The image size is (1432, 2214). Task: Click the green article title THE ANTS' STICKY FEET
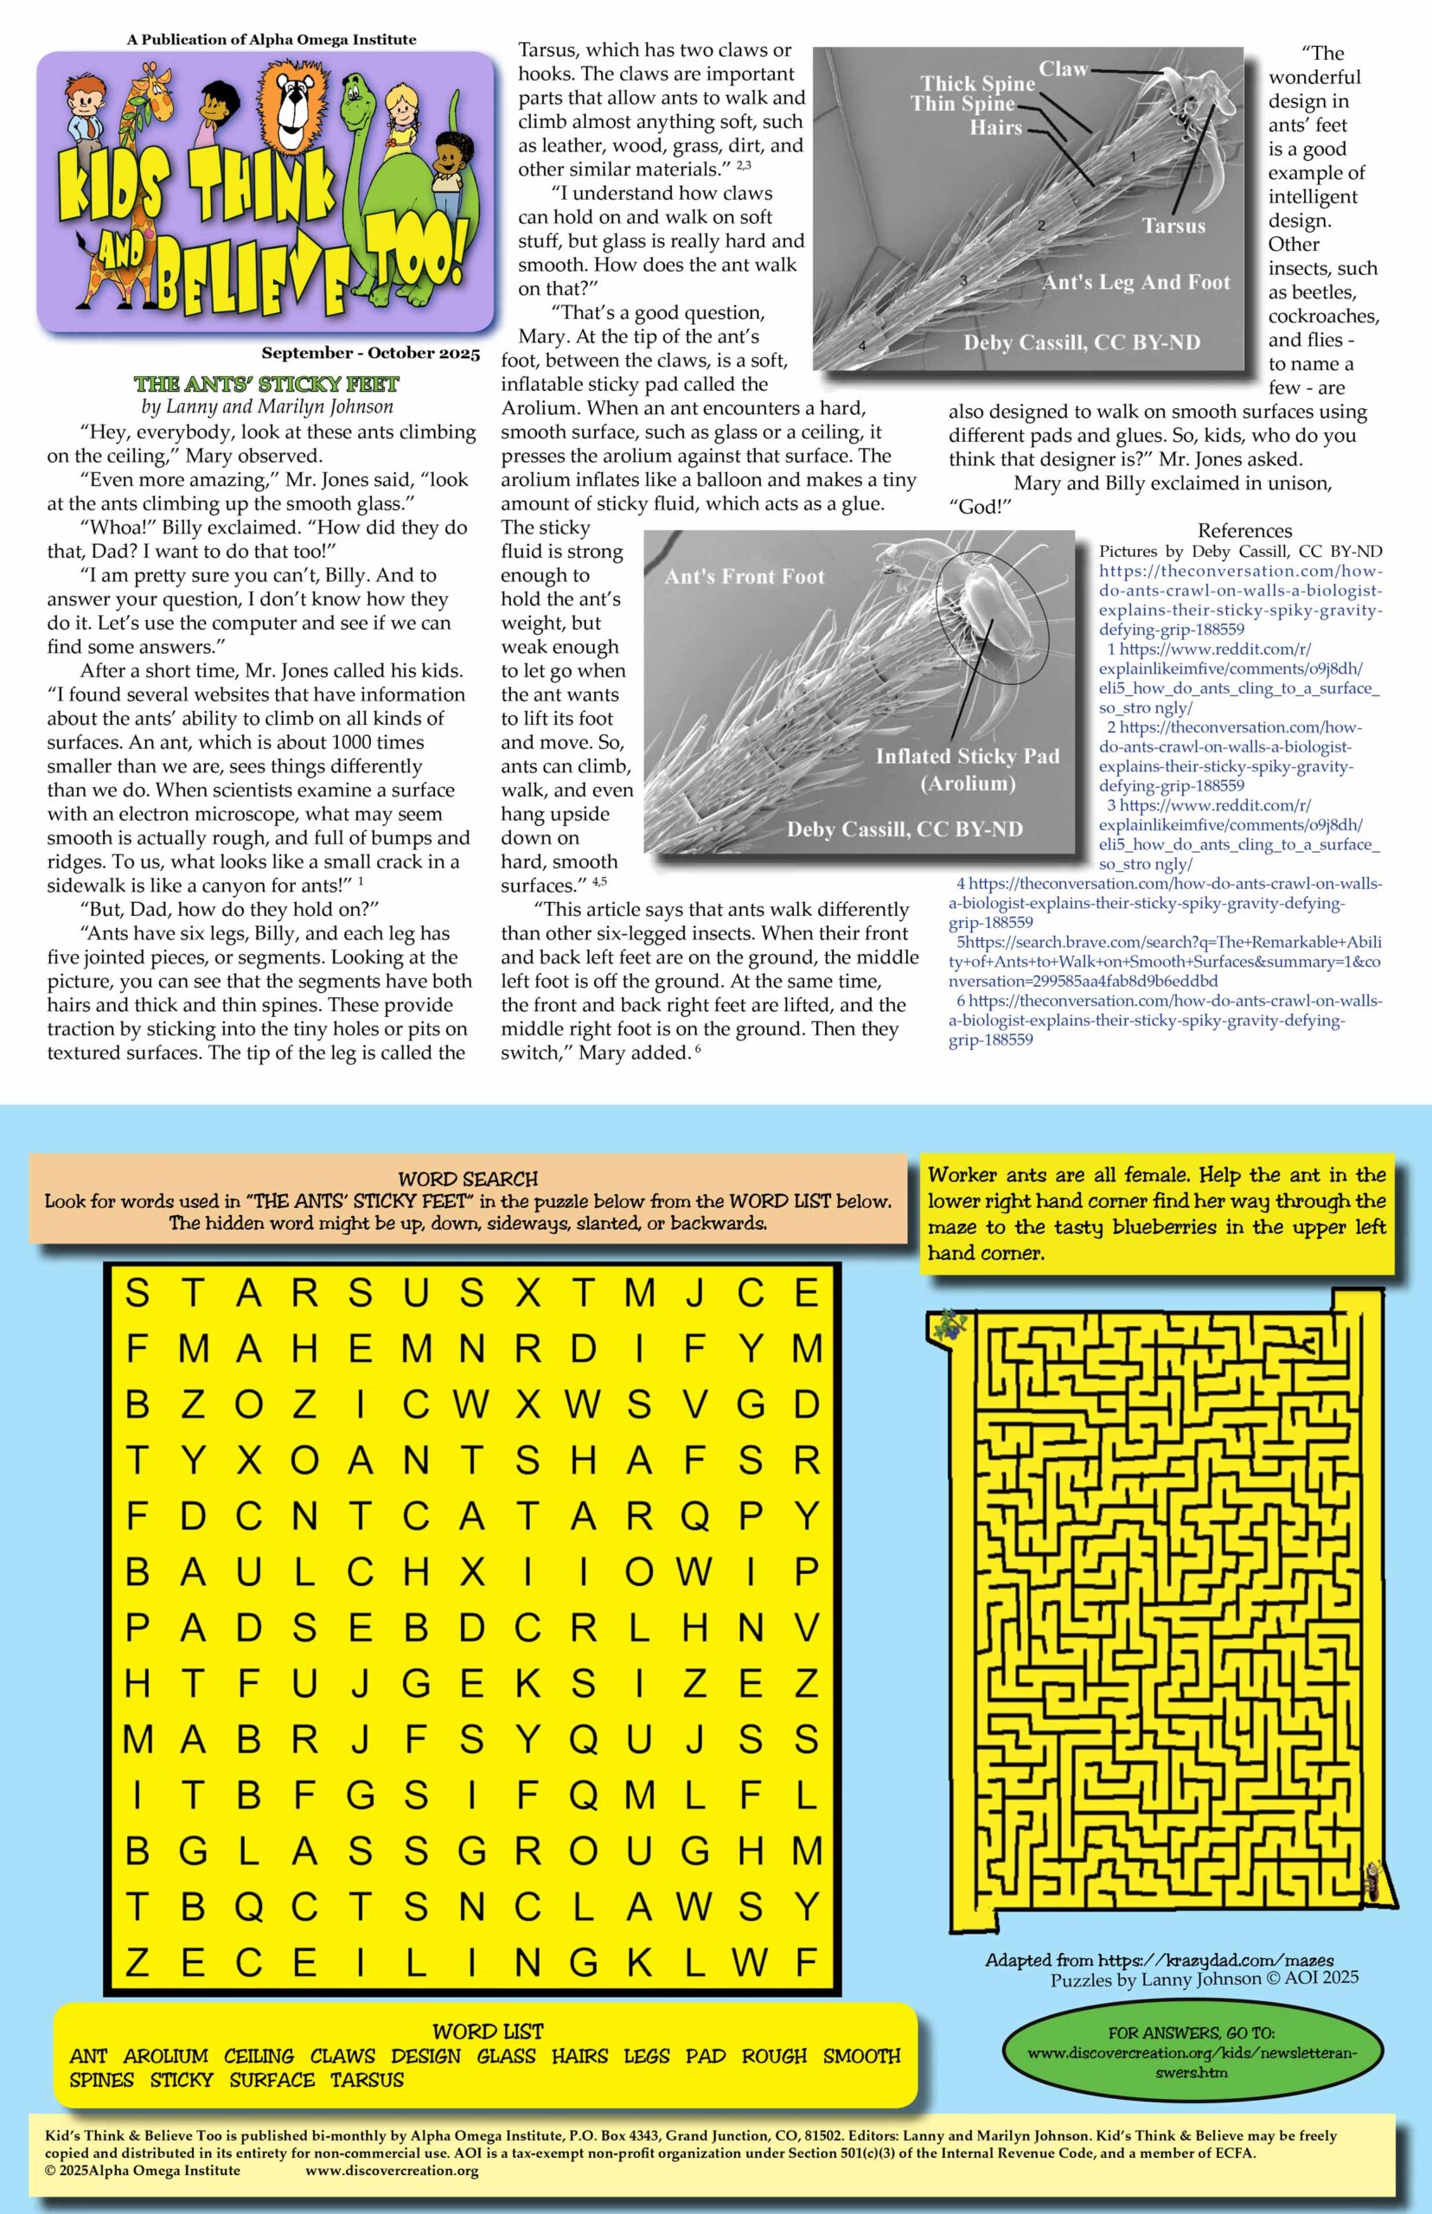266,384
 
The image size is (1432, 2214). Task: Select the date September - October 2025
370,354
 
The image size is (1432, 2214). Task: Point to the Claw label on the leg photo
1063,69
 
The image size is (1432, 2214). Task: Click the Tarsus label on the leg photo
1173,226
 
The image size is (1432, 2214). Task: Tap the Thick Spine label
977,84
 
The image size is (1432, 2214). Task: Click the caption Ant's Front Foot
744,577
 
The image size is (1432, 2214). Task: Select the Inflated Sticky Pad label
967,756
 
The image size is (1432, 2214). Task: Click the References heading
1244,531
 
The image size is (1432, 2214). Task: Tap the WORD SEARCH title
468,1179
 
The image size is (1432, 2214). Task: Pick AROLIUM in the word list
165,2056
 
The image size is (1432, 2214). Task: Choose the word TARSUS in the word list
367,2080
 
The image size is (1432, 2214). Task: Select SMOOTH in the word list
861,2056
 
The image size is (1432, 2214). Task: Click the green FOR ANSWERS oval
1191,2052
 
